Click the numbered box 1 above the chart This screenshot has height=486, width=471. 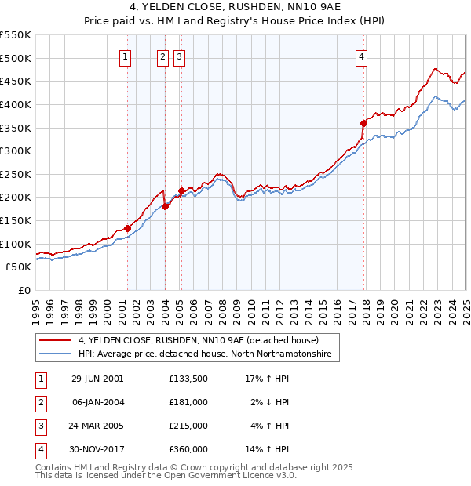pyautogui.click(x=126, y=56)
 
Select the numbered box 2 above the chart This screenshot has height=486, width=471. pyautogui.click(x=162, y=56)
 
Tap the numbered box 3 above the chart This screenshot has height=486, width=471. pyautogui.click(x=179, y=56)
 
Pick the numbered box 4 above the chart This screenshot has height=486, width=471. pyautogui.click(x=361, y=56)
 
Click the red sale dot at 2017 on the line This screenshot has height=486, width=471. pyautogui.click(x=364, y=122)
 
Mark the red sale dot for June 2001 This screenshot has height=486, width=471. pyautogui.click(x=127, y=228)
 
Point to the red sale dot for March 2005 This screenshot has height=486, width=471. pyautogui.click(x=181, y=190)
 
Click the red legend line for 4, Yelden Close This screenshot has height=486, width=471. pyautogui.click(x=56, y=341)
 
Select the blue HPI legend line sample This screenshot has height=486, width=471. pyautogui.click(x=56, y=354)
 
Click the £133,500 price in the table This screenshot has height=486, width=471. pyautogui.click(x=188, y=379)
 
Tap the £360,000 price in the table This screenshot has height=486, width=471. pyautogui.click(x=188, y=449)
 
